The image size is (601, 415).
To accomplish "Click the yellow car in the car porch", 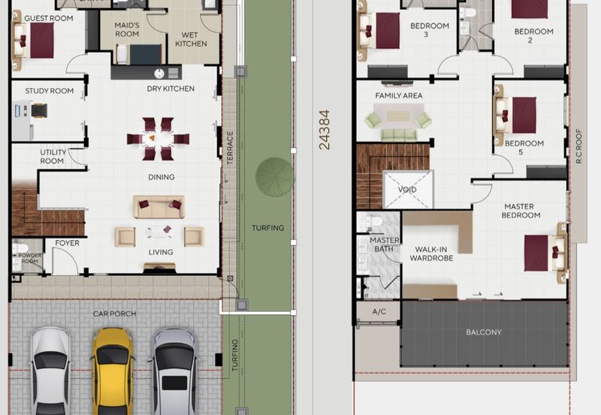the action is [112, 371].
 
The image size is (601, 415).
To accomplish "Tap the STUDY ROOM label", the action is [50, 91].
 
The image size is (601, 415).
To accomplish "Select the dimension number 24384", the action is [325, 129].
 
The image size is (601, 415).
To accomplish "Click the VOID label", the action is [407, 189].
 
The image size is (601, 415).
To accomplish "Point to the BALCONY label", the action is [484, 332].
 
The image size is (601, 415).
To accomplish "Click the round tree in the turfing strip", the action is [274, 177].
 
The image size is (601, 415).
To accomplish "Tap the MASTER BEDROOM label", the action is [521, 211].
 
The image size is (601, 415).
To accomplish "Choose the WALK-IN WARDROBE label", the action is [431, 253].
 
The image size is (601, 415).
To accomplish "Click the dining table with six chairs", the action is [158, 138].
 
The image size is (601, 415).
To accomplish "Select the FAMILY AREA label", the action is [399, 95].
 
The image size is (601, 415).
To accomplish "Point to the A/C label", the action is [379, 311].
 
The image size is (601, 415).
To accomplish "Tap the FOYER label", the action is [67, 243].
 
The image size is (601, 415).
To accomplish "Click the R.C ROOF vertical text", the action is [578, 146].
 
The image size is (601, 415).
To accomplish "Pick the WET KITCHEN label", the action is [191, 40].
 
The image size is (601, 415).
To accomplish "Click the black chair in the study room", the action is [39, 111].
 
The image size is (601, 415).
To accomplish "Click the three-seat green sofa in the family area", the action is [399, 135].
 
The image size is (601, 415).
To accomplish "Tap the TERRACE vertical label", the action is [230, 148].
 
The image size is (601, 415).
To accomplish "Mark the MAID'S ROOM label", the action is [127, 29].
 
